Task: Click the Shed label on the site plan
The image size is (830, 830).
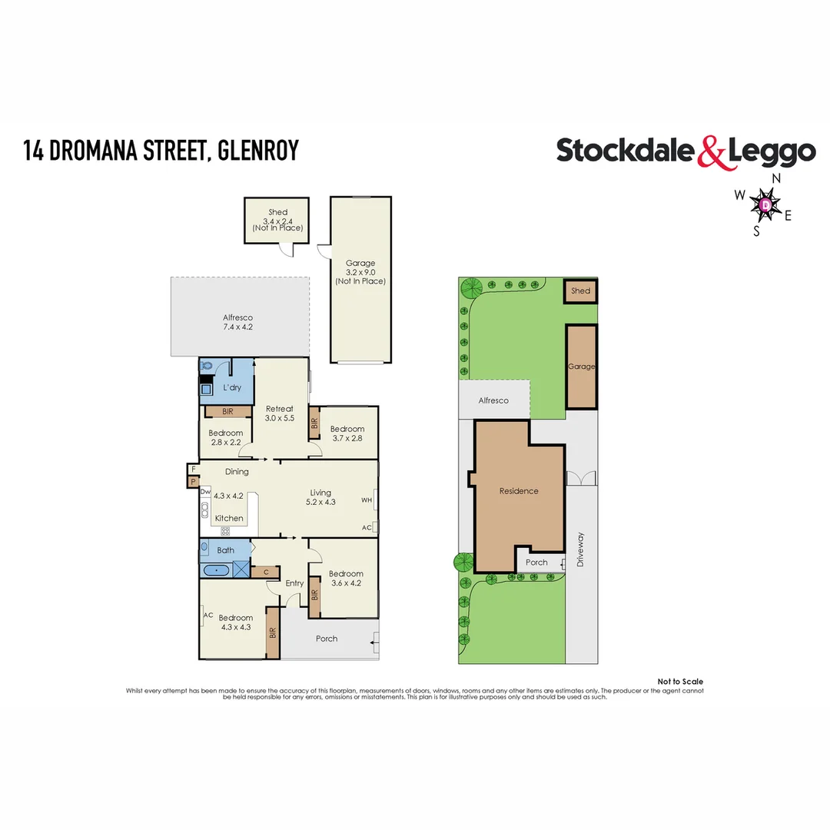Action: tap(581, 291)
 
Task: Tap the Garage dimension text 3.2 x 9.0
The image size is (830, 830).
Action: tap(360, 272)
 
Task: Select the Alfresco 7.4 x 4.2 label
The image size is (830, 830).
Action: tap(237, 322)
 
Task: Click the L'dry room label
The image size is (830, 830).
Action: tap(232, 387)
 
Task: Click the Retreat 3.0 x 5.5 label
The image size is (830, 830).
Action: tap(281, 413)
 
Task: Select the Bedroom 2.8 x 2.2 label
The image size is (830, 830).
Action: tap(226, 438)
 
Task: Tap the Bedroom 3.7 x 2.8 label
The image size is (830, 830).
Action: tap(347, 434)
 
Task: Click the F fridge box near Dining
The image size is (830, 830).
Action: tap(193, 468)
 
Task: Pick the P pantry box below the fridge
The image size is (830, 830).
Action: tap(193, 482)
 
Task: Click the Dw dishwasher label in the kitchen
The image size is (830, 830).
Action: tap(206, 491)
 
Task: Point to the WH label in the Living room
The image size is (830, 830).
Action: tap(367, 500)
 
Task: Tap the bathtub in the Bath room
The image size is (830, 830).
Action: tap(217, 570)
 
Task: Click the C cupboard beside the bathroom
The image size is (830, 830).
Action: tap(265, 571)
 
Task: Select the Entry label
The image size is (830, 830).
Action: tap(294, 583)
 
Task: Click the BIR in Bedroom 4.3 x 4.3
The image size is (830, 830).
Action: tap(273, 633)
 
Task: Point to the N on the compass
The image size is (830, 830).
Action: tap(776, 178)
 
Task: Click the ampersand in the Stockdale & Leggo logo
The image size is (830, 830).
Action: tap(712, 152)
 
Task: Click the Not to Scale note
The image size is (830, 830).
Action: tap(680, 682)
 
